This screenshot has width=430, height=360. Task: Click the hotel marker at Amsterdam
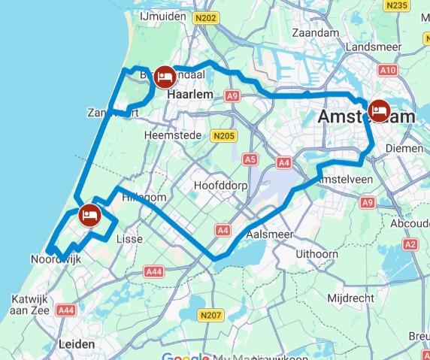[x=380, y=111]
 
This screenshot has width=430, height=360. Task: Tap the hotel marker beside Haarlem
[x=165, y=77]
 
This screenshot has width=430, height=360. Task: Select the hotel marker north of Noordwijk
[x=90, y=215]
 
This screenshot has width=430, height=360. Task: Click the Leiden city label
[x=77, y=344]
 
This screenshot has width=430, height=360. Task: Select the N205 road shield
[x=224, y=136]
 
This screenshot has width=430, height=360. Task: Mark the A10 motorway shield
[x=388, y=70]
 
